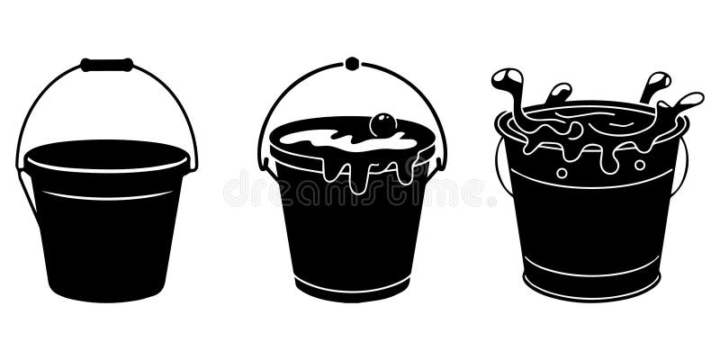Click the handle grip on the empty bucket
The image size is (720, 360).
106,65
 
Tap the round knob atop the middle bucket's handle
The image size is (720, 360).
352,64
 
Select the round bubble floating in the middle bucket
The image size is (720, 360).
382,124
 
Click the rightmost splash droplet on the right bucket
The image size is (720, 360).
689,98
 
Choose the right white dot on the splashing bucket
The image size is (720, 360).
640,165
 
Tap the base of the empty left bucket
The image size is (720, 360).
107,290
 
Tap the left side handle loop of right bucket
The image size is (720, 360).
499,166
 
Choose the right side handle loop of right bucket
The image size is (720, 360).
684,166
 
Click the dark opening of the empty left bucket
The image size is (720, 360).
106,154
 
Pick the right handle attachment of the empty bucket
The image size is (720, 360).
192,164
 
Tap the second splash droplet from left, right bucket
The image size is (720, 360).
559,92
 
